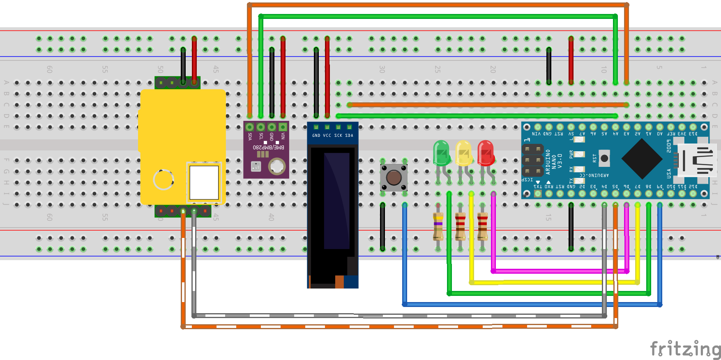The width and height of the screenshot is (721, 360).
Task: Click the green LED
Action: click(441, 153)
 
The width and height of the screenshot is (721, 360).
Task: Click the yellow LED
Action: click(463, 153)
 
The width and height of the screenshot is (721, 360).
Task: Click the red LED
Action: click(486, 153)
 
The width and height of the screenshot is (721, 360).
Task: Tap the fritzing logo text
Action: click(685, 349)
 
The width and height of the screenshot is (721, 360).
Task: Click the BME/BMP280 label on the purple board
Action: click(268, 147)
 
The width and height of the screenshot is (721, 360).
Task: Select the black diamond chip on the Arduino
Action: click(642, 159)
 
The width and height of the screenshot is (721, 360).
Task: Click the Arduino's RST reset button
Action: click(604, 158)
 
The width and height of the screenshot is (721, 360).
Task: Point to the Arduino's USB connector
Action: click(697, 160)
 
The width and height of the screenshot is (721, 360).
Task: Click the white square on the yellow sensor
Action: click(204, 182)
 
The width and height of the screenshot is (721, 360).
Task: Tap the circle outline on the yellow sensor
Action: click(164, 180)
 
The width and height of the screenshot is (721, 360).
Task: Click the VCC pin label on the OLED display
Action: click(327, 136)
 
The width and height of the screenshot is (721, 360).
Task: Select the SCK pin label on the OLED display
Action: click(338, 136)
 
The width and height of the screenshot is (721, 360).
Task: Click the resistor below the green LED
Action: click(438, 226)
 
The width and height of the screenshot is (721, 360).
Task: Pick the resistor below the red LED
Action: click(482, 226)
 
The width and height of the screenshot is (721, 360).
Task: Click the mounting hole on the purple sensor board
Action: click(277, 166)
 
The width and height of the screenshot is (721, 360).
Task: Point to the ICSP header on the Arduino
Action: click(533, 160)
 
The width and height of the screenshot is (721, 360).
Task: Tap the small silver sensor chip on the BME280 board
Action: click(256, 166)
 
